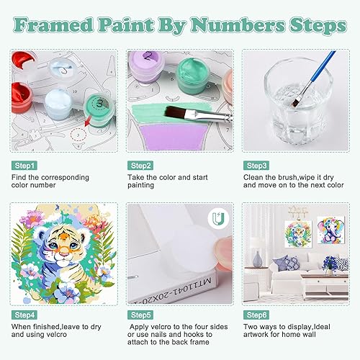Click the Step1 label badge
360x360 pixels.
pos(24,166)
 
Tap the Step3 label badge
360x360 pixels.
pos(256,166)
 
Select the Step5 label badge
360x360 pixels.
pos(140,315)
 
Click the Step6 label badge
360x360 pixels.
pos(256,315)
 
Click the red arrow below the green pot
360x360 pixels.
pos(88,120)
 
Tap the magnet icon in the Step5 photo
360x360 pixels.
pos(218,218)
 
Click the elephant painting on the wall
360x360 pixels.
pos(330,230)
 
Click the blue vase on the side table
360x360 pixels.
pos(258,259)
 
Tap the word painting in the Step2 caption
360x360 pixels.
pos(140,186)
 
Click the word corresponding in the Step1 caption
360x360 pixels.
pos(65,178)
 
